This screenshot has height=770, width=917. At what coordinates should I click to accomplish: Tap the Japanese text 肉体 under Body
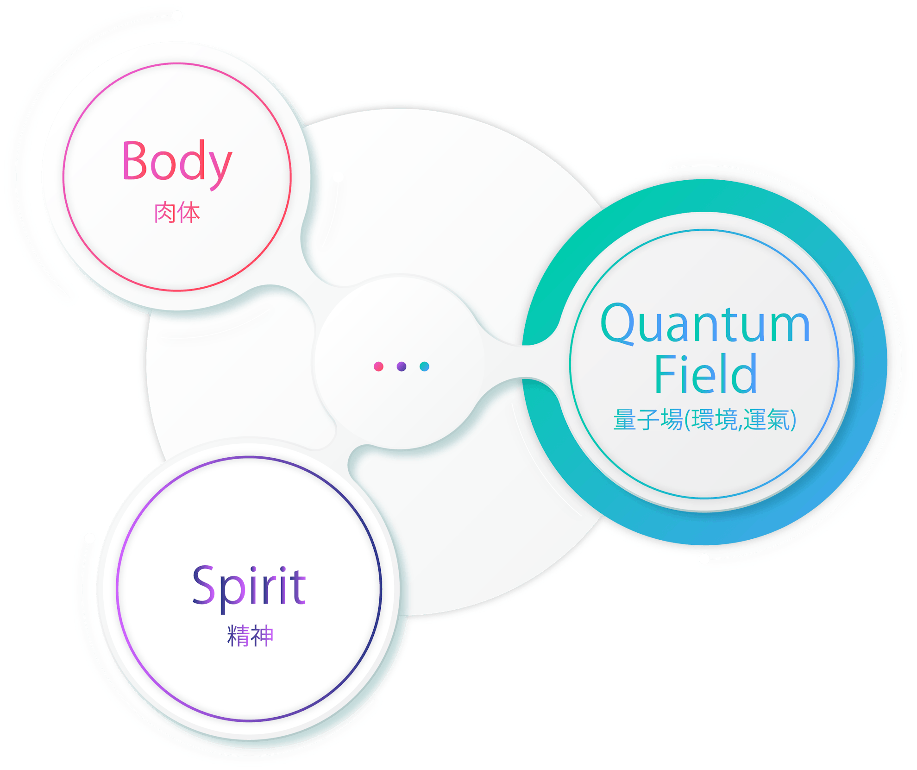[x=176, y=213]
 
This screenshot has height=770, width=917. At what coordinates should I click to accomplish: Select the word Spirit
[x=249, y=587]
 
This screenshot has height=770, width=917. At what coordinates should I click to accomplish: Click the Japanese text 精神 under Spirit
[x=250, y=636]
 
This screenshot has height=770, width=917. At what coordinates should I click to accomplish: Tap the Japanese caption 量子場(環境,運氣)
[x=705, y=420]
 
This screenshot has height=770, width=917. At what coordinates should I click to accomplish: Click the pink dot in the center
[x=378, y=366]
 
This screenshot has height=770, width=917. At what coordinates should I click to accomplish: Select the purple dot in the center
[x=402, y=366]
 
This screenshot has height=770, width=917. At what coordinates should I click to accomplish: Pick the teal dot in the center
[x=424, y=366]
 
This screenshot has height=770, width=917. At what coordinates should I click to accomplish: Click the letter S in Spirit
[x=204, y=585]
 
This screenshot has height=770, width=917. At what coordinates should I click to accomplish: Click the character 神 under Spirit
[x=262, y=636]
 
